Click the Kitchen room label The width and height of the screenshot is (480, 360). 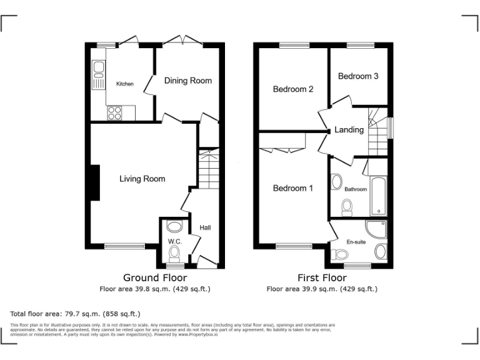point(124,84)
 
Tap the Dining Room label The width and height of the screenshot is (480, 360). point(187,81)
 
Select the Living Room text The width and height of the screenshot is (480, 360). point(142,179)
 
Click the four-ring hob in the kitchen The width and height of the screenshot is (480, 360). point(115,112)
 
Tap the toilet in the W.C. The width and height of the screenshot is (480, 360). point(174,252)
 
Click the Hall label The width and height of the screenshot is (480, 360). point(205,227)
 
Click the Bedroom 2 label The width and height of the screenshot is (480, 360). point(292,89)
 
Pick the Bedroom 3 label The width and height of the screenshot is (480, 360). point(358,76)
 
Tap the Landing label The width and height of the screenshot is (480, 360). point(349,130)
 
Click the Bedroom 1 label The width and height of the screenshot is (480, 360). point(292,188)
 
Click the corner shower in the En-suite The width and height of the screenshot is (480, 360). point(377,229)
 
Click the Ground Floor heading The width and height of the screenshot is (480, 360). point(155,278)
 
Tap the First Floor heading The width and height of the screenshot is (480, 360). point(322,278)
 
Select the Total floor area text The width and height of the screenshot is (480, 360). point(75,314)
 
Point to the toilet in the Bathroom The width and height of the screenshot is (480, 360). point(347,206)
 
